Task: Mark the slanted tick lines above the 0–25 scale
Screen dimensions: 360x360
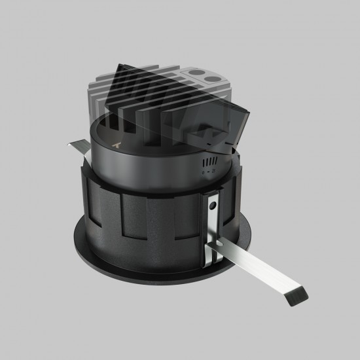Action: (x=209, y=160)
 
